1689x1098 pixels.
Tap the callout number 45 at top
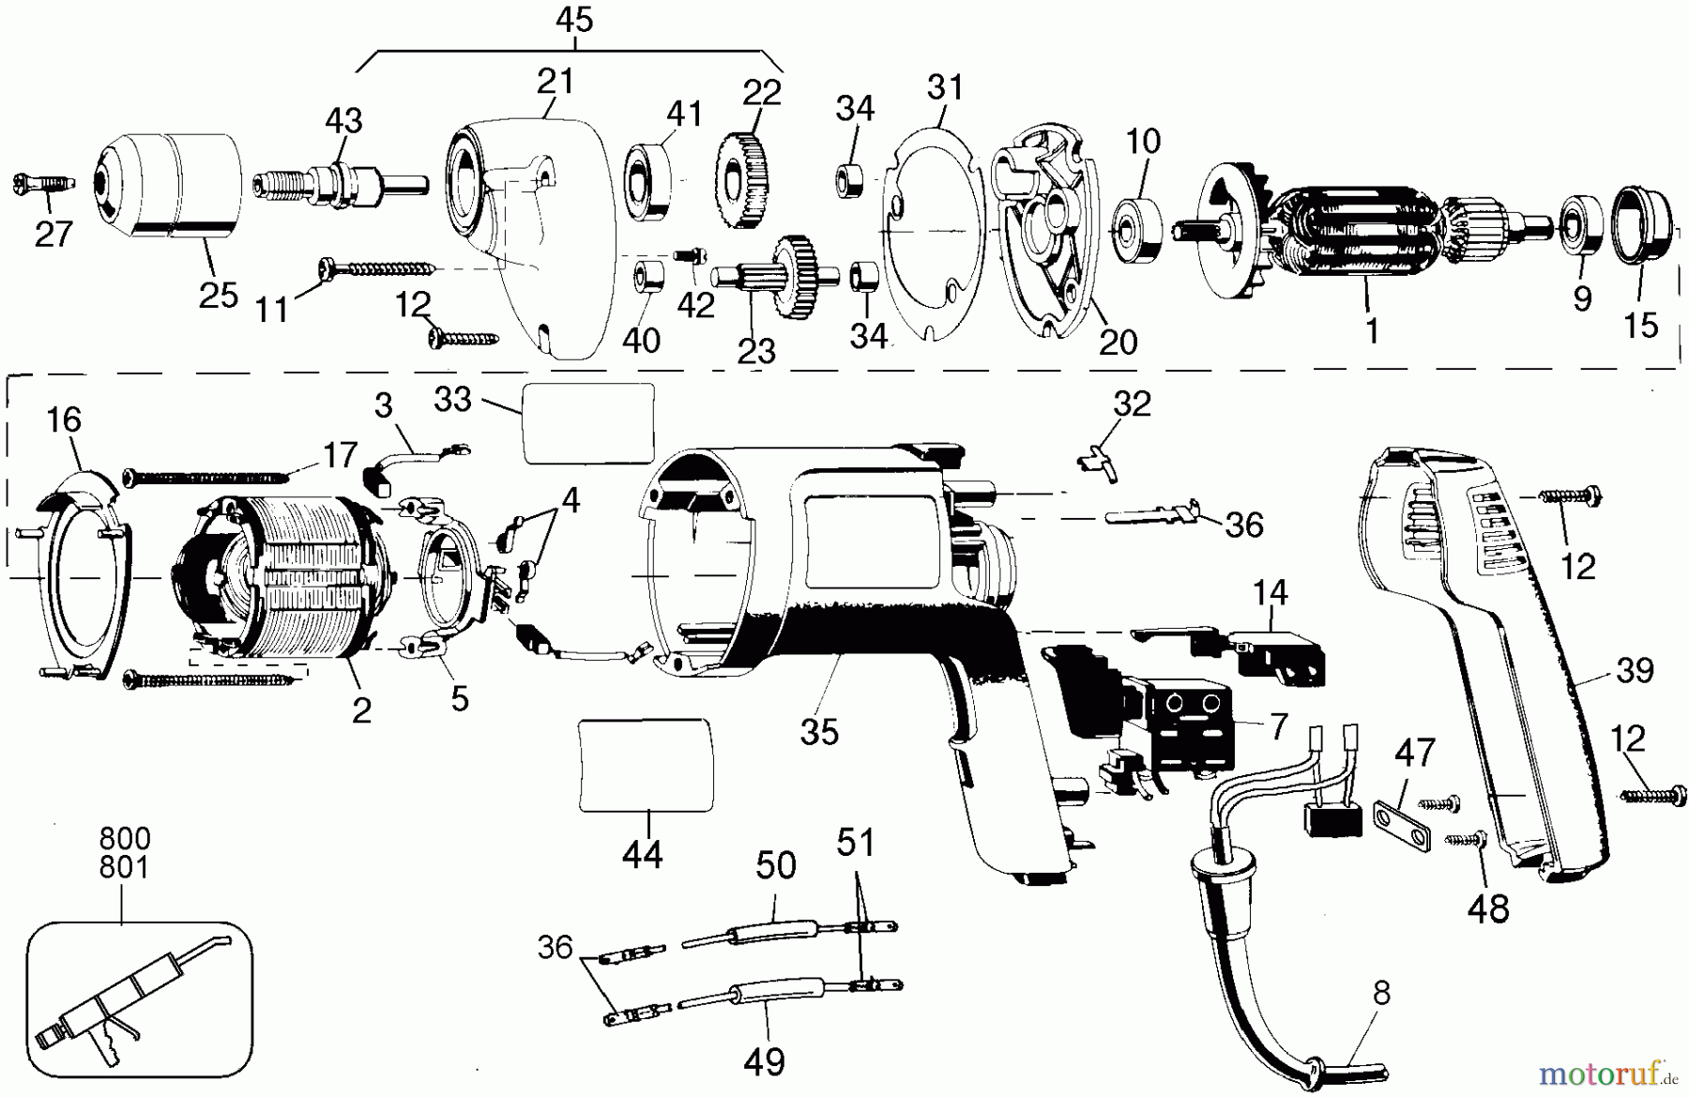(574, 20)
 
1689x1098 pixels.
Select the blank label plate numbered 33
(588, 423)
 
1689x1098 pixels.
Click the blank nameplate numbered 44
(646, 764)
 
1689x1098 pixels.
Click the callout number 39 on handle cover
(1635, 672)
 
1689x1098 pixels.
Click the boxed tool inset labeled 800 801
(139, 997)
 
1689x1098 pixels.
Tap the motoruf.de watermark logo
(1608, 1071)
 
